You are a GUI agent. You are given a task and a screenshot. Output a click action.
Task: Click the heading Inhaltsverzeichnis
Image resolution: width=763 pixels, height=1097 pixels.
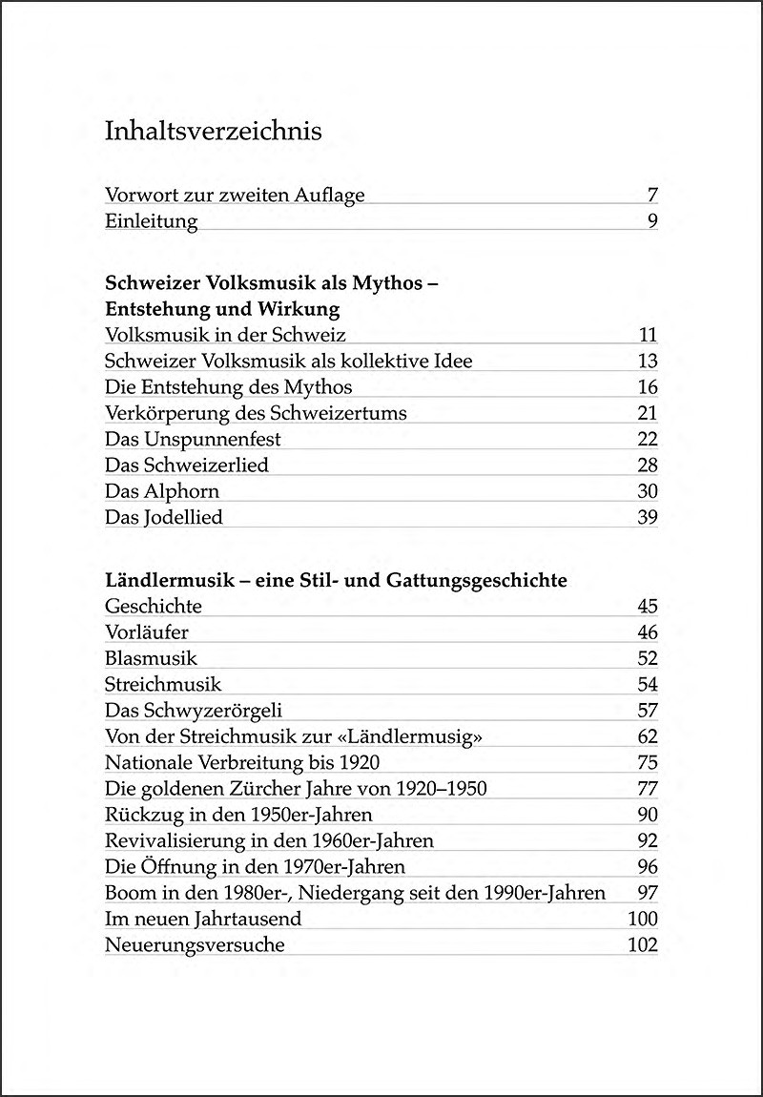point(213,131)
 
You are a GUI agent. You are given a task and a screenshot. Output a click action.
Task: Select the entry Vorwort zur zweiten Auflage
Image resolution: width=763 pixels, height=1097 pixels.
point(235,196)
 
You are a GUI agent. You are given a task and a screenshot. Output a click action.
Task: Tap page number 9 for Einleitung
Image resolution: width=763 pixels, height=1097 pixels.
point(651,222)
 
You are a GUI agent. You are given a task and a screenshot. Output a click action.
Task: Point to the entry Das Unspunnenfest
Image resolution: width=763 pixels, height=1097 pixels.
point(193,440)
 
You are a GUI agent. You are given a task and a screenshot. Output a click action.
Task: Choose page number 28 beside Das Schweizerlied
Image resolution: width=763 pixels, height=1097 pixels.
point(647,466)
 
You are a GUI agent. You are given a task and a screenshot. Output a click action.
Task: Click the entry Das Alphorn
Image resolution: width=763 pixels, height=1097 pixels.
point(162,491)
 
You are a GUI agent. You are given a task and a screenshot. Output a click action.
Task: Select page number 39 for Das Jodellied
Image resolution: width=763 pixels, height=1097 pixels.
point(647,518)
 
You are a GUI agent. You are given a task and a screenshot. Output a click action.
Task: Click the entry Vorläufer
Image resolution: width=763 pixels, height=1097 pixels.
point(147,631)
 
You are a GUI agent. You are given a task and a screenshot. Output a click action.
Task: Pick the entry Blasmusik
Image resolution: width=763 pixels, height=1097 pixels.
point(151,658)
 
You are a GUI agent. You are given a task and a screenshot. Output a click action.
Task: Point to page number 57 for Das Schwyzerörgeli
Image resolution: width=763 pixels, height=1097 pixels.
point(647,711)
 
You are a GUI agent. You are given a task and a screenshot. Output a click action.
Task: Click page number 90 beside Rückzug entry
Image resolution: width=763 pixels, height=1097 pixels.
point(647,815)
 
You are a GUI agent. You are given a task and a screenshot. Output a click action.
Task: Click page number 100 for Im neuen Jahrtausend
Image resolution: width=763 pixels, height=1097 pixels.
point(643,919)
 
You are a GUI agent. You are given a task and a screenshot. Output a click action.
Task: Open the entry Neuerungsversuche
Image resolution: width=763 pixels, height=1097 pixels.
point(195,945)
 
